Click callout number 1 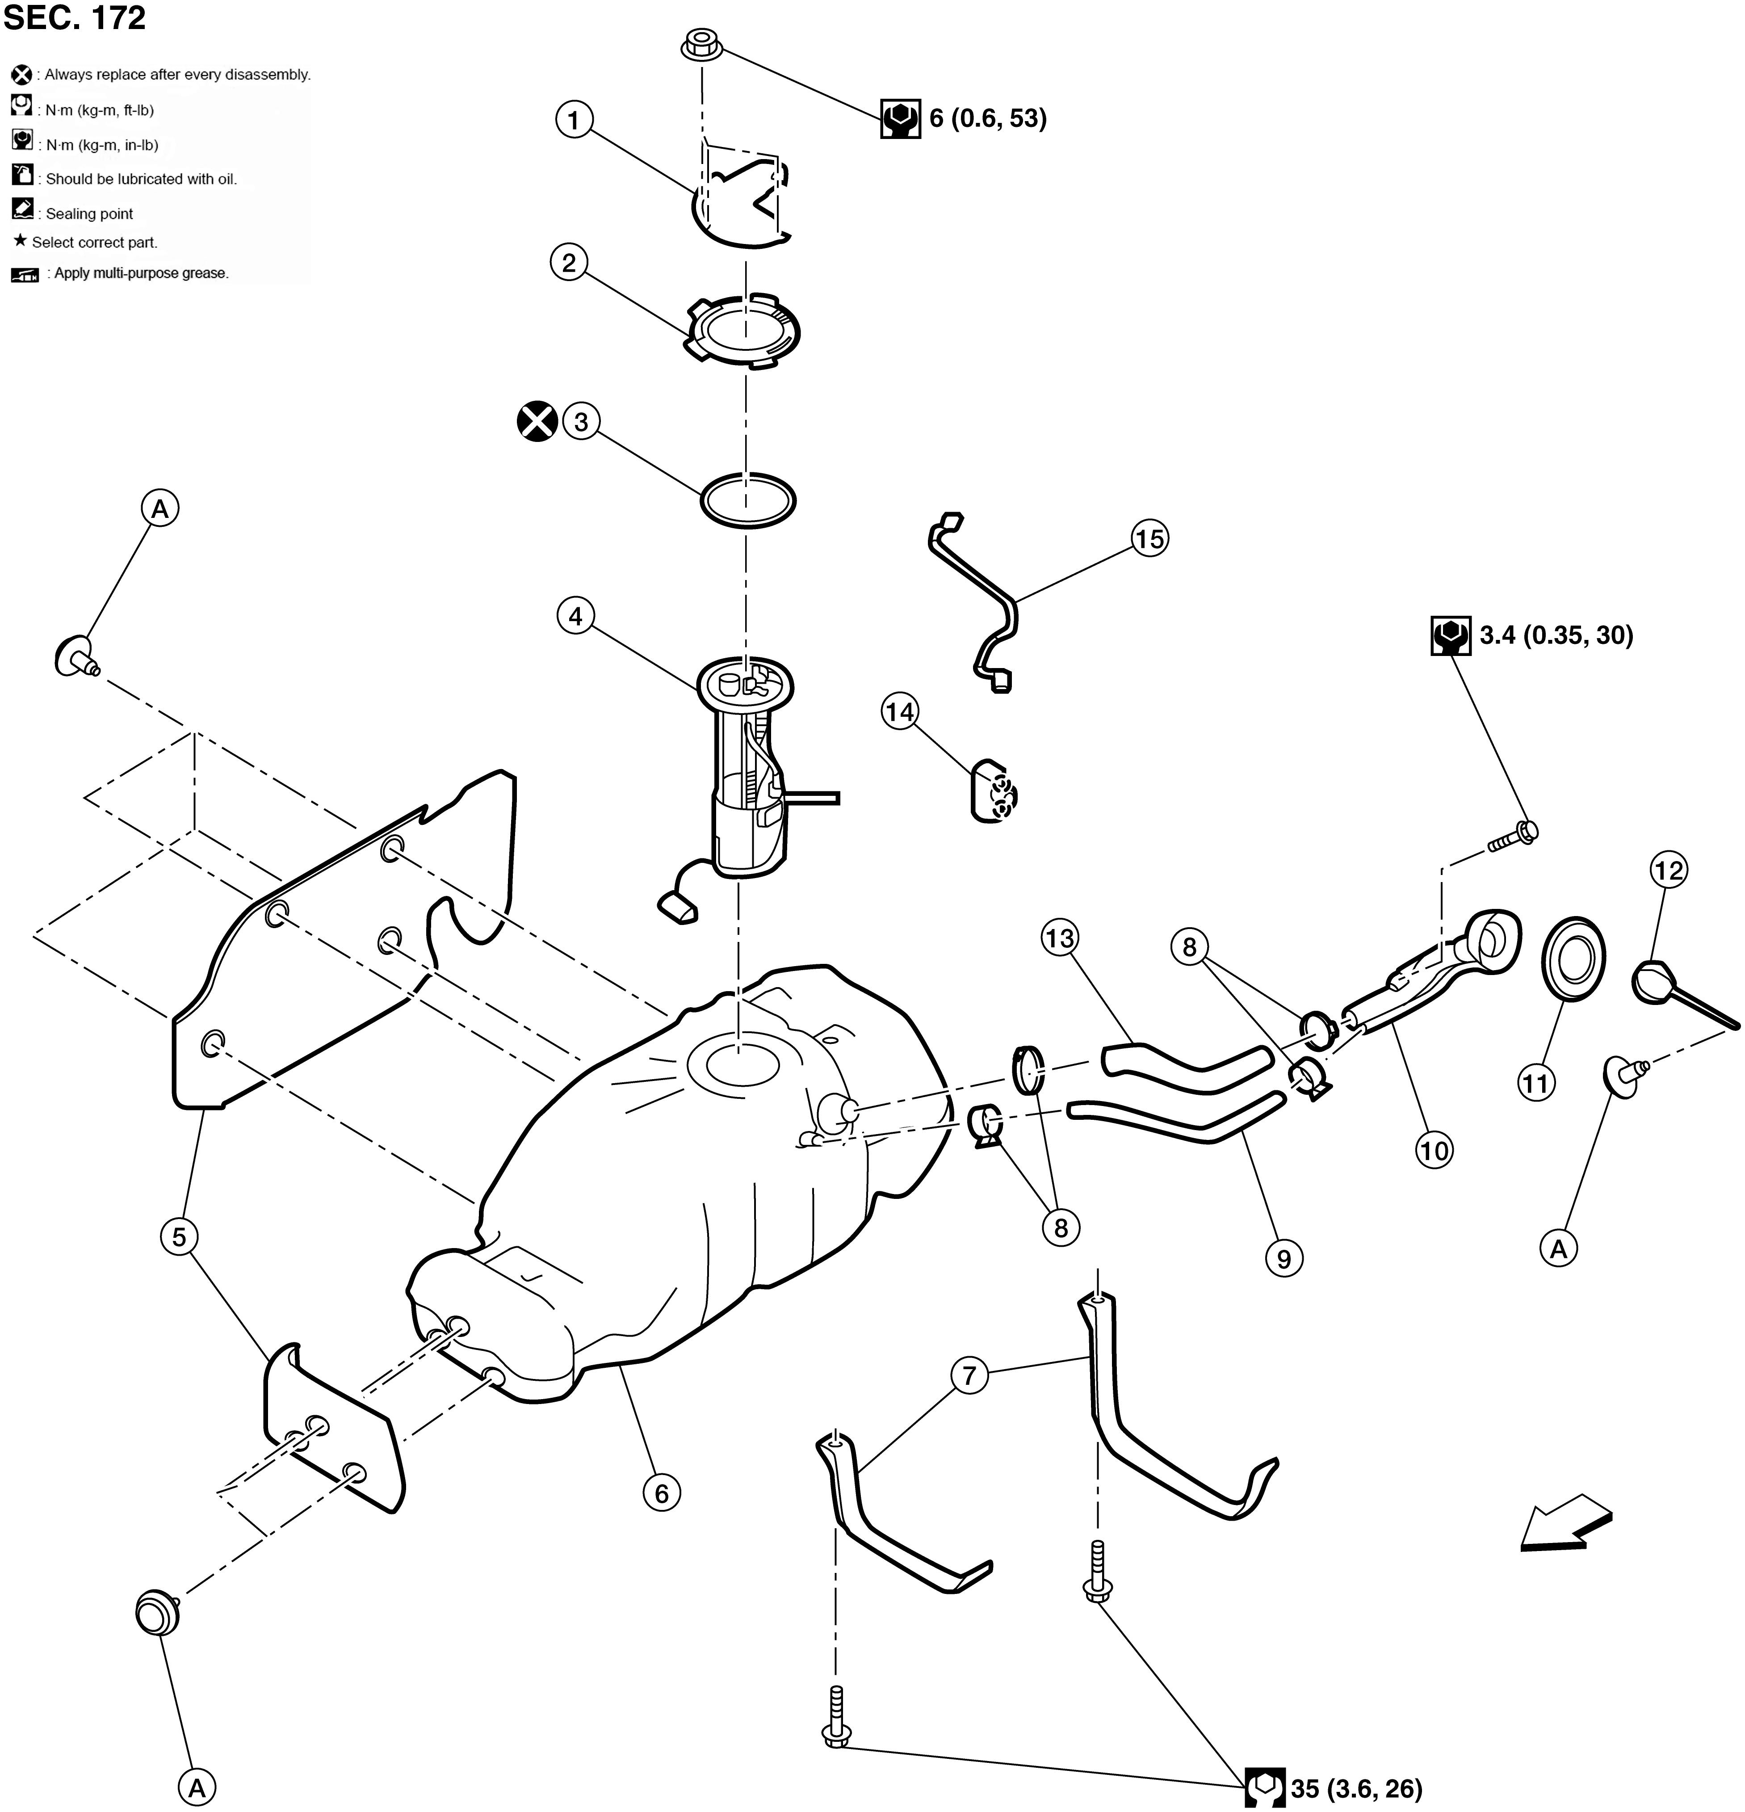pos(574,120)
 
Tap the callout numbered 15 pos(1150,539)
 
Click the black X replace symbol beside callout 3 pos(537,421)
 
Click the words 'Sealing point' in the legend pos(90,214)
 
